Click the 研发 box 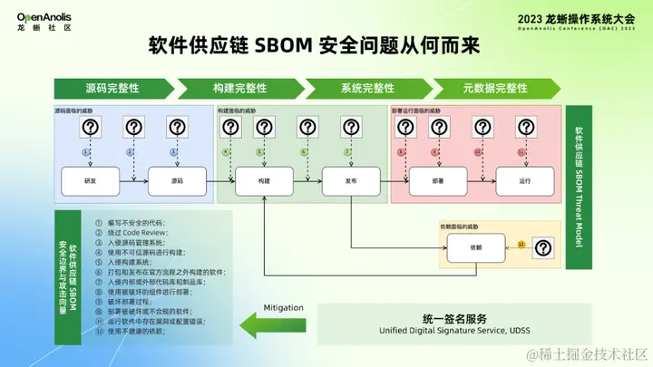point(89,180)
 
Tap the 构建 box point(263,180)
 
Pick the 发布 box point(351,180)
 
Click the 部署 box point(438,180)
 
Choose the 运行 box point(525,180)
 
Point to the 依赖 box point(474,246)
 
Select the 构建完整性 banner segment point(239,88)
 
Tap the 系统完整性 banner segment point(367,88)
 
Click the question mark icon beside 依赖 point(542,246)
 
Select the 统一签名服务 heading point(454,319)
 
